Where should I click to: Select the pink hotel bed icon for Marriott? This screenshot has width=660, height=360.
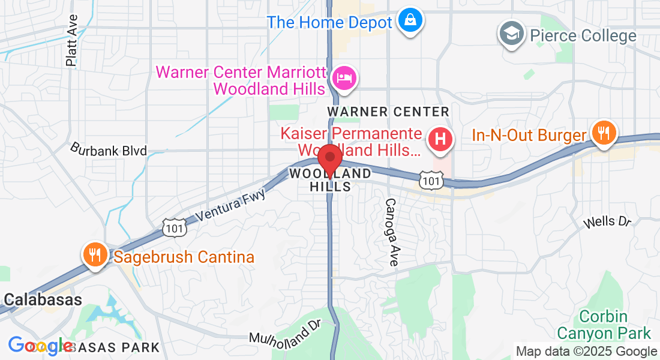pos(344,78)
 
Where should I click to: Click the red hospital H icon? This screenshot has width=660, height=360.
pos(440,140)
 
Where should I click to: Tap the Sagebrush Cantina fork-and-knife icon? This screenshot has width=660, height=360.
pos(95,254)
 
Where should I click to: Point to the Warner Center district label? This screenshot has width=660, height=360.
pos(388,112)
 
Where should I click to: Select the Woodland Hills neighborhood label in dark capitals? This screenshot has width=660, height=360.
pos(330,179)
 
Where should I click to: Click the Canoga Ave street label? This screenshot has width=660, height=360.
pos(392,232)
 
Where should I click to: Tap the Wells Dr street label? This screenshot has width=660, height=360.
pos(608,222)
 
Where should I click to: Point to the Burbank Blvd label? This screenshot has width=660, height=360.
pos(109,149)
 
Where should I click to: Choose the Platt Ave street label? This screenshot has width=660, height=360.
pos(72,40)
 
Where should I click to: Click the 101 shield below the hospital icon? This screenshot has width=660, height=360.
pos(432,179)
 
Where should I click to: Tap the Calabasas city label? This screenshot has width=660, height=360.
pos(43,299)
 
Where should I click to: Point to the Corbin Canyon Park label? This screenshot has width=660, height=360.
pos(604,325)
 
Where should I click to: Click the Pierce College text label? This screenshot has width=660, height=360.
pos(583,35)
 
